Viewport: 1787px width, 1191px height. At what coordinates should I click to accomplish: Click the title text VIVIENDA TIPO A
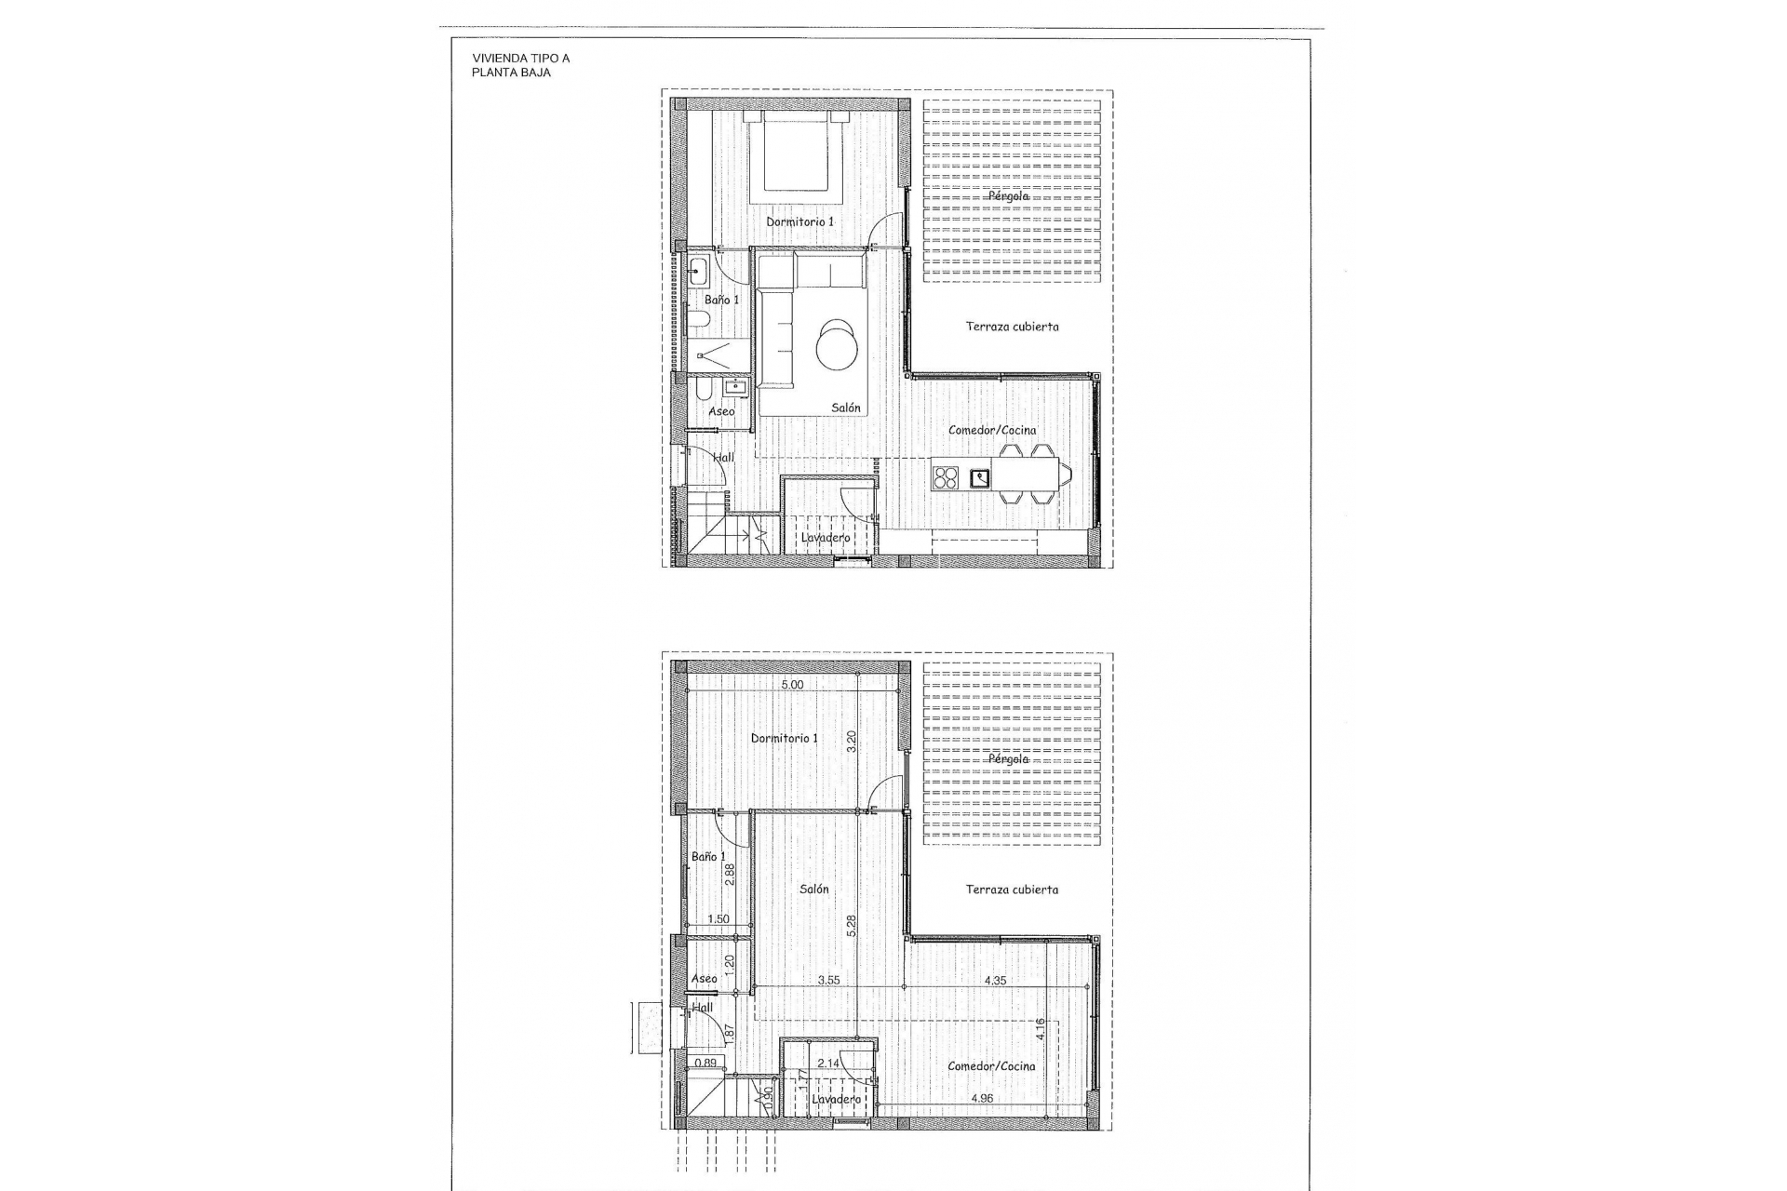(x=521, y=58)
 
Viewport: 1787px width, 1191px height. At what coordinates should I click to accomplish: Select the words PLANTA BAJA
(x=511, y=73)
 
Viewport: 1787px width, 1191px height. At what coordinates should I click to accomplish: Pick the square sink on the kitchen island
(x=981, y=478)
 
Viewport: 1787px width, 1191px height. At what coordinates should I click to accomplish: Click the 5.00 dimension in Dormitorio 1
(x=792, y=685)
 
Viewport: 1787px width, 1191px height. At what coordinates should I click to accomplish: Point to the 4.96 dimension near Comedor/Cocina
(x=982, y=1098)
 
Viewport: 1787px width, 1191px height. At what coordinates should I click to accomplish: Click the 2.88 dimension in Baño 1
(x=731, y=875)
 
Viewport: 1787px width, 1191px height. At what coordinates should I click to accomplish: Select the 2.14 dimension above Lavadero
(x=828, y=1063)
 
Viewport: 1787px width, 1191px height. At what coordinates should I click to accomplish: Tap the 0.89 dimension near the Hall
(x=705, y=1063)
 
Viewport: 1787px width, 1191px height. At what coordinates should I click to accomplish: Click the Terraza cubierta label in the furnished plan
(x=1012, y=327)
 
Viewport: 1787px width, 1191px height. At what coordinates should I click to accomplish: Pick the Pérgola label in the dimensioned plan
(x=1009, y=758)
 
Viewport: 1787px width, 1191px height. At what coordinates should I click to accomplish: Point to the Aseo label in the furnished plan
(x=721, y=411)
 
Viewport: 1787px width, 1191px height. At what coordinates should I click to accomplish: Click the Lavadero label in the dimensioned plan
(x=836, y=1100)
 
